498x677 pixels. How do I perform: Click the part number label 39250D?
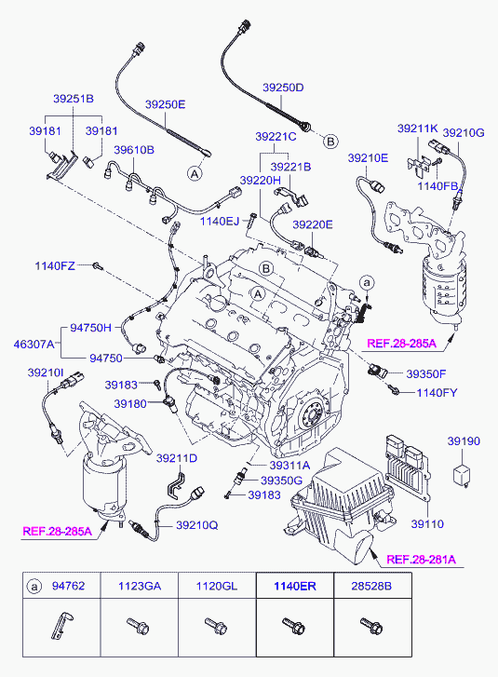pyautogui.click(x=283, y=88)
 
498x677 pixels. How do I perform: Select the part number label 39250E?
pyautogui.click(x=165, y=104)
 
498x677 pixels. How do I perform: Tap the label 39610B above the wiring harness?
pyautogui.click(x=134, y=150)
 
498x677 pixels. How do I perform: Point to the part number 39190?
pyautogui.click(x=464, y=441)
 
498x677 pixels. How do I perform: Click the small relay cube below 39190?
pyautogui.click(x=462, y=476)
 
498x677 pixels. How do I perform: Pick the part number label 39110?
pyautogui.click(x=427, y=524)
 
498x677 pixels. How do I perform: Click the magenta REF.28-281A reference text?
pyautogui.click(x=421, y=560)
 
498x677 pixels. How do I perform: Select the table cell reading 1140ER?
pyautogui.click(x=295, y=586)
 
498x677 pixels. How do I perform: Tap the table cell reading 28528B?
pyautogui.click(x=371, y=586)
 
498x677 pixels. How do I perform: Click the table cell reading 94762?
pyautogui.click(x=68, y=586)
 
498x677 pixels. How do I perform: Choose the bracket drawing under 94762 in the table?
pyautogui.click(x=61, y=626)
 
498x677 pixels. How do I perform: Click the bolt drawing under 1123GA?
pyautogui.click(x=138, y=626)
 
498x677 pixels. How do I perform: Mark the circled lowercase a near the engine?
pyautogui.click(x=367, y=283)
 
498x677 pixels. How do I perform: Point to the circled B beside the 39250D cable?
pyautogui.click(x=330, y=142)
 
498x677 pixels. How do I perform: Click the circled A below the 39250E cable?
pyautogui.click(x=195, y=173)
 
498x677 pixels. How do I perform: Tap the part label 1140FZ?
pyautogui.click(x=55, y=266)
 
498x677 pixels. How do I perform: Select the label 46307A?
pyautogui.click(x=34, y=345)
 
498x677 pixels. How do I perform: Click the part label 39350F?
pyautogui.click(x=426, y=374)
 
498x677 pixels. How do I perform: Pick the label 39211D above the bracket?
pyautogui.click(x=177, y=458)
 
